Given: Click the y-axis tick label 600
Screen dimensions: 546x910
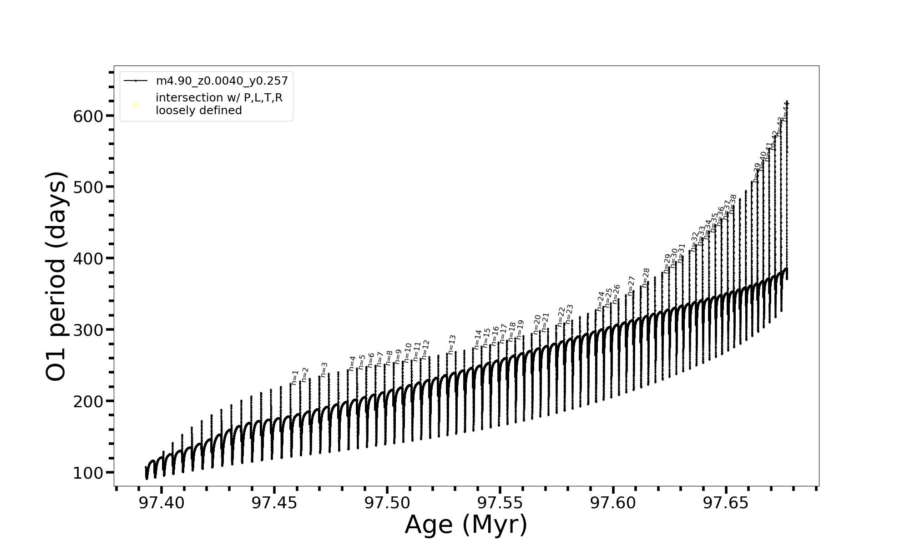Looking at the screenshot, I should tap(88, 116).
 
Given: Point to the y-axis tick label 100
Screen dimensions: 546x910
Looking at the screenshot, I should tap(88, 473).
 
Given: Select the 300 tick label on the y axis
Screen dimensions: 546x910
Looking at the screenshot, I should tap(88, 330).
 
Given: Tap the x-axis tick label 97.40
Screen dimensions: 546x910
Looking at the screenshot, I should tap(162, 503).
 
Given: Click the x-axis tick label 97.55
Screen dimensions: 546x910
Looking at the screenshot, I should tap(500, 503).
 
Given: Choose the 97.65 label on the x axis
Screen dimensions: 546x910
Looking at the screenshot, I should tap(726, 503).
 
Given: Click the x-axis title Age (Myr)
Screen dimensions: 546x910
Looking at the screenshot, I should tap(466, 525).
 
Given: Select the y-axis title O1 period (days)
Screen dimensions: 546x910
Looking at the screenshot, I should tap(57, 277).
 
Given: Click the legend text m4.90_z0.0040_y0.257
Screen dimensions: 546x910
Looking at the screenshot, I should tap(222, 81).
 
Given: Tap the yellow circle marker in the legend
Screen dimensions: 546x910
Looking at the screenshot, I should tap(136, 106).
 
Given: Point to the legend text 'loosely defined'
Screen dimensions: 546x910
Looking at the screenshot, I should tap(199, 111).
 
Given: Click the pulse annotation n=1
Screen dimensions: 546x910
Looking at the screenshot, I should tap(295, 377).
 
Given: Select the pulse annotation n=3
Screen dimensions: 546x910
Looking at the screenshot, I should tap(324, 369).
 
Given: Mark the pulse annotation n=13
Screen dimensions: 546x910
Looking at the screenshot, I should tap(452, 344).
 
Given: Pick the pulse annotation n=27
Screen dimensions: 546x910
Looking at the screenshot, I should tap(631, 286).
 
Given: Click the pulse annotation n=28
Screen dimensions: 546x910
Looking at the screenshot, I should tap(646, 277).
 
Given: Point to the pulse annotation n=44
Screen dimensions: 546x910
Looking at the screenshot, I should tap(785, 111).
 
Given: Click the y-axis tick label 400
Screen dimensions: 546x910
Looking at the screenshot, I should tap(88, 259).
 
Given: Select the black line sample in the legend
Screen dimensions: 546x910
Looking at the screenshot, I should tap(136, 81).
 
